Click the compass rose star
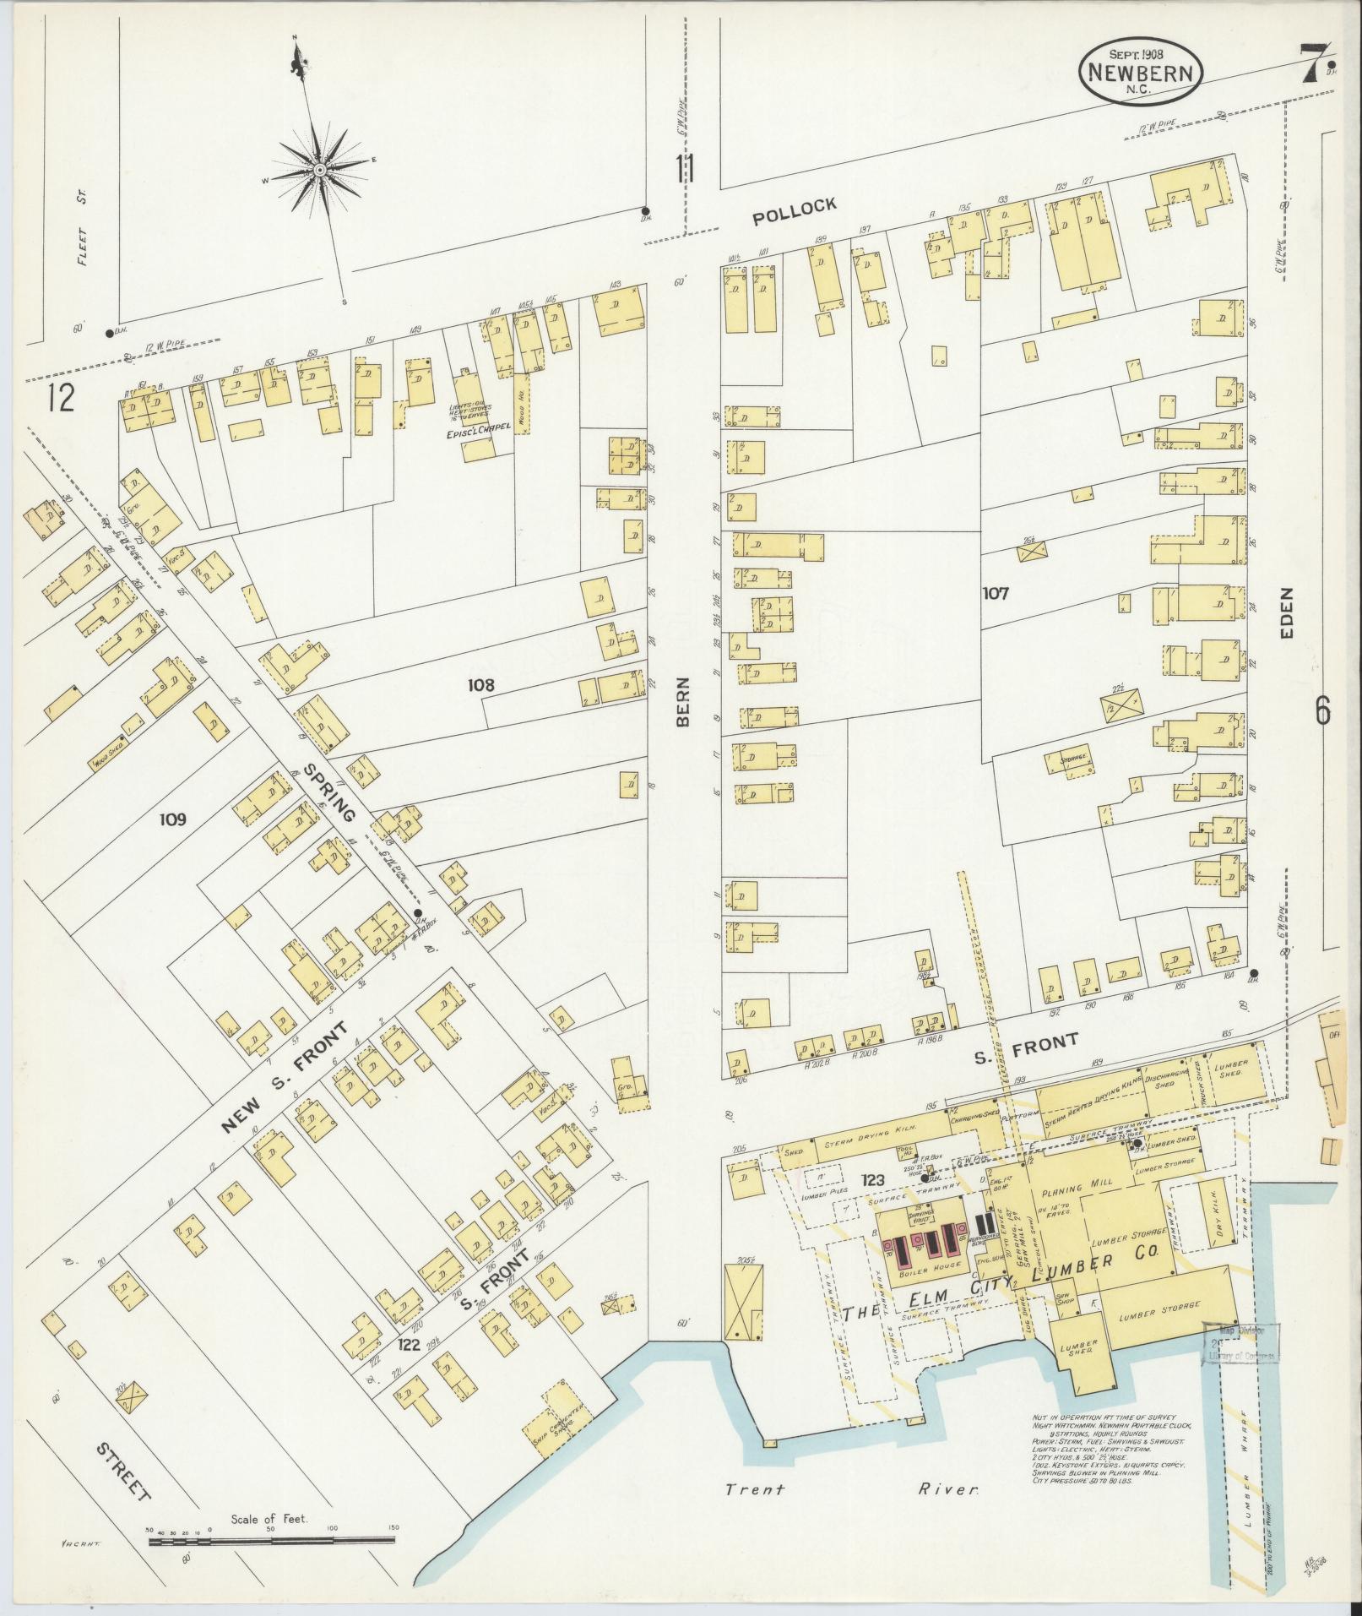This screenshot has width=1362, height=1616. [320, 171]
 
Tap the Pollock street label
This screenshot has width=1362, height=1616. [795, 211]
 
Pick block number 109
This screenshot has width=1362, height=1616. [171, 819]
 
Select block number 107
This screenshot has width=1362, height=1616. [996, 594]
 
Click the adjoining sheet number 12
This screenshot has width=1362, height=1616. [61, 397]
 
